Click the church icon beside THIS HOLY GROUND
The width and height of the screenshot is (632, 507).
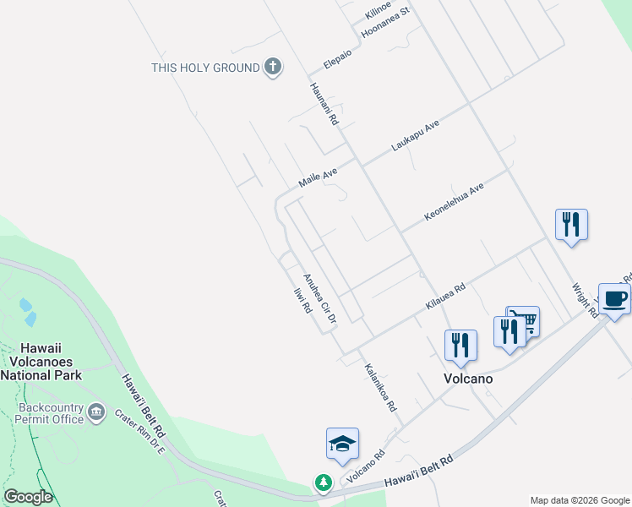[x=272, y=68]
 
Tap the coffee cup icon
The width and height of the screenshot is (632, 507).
[x=614, y=299]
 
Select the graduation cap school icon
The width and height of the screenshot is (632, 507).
[x=342, y=444]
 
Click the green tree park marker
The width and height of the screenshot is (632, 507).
[x=323, y=482]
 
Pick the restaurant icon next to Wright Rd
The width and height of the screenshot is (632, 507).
[x=571, y=225]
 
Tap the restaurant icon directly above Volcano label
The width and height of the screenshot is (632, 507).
[x=460, y=345]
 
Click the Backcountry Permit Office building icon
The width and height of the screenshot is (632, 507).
[x=95, y=412]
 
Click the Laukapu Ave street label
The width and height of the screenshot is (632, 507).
[x=416, y=135]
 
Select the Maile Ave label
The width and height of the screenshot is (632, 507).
[x=318, y=177]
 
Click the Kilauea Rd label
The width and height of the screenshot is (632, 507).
[x=445, y=298]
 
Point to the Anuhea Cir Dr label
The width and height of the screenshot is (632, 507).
[x=320, y=298]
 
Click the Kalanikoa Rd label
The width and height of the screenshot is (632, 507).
[x=380, y=387]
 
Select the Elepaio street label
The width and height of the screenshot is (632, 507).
[x=343, y=57]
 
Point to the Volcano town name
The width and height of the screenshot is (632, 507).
[x=468, y=379]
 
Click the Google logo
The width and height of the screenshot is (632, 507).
[x=28, y=497]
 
